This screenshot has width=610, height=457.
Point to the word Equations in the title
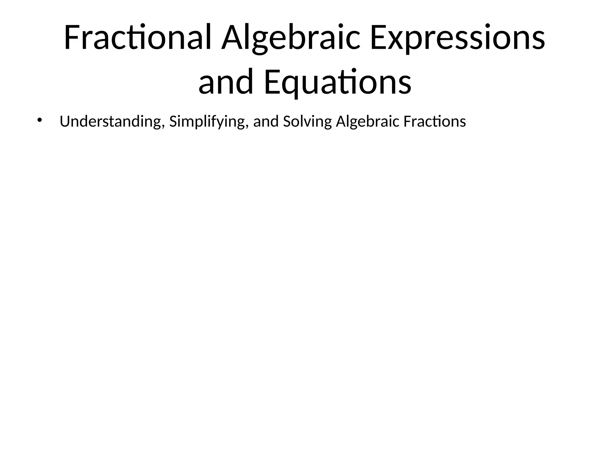point(338,82)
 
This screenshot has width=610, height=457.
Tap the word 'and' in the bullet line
point(266,121)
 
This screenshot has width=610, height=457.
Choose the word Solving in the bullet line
point(307,121)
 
